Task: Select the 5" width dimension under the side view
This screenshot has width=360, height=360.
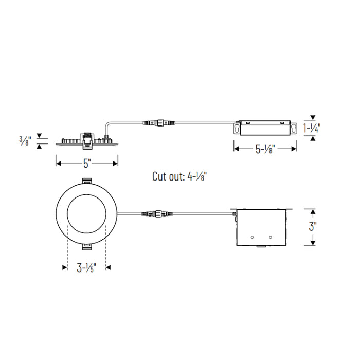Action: click(87, 164)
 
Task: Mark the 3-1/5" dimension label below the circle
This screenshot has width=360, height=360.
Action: click(86, 267)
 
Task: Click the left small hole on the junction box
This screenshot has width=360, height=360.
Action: click(253, 237)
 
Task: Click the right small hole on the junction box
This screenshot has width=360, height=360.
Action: click(270, 237)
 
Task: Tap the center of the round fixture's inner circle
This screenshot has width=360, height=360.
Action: click(86, 214)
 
